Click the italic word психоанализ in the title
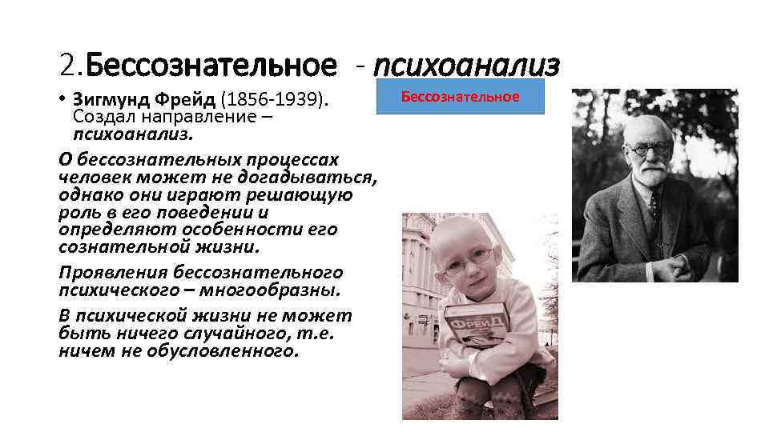point(466,63)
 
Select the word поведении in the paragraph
point(204,213)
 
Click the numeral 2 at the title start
point(66,63)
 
